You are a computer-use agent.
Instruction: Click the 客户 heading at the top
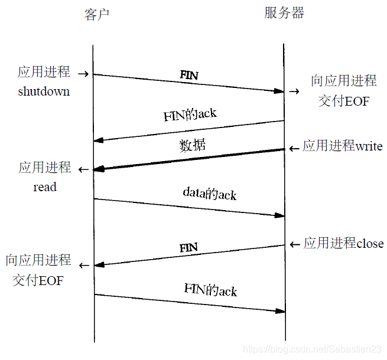click(97, 15)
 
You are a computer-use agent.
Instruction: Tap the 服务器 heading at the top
click(284, 14)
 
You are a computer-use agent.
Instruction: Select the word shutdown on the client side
click(44, 91)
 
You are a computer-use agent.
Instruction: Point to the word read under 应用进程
click(45, 187)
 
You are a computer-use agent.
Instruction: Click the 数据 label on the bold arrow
click(193, 145)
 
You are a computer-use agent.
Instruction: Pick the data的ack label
click(209, 194)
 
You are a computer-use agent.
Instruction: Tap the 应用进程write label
click(343, 146)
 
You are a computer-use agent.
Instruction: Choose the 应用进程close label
click(343, 243)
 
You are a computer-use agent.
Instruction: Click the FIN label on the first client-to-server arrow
click(189, 76)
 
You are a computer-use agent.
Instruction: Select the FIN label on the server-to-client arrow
click(188, 247)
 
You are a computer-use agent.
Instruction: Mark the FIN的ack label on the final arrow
click(210, 290)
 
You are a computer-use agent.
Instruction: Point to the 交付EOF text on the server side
click(344, 101)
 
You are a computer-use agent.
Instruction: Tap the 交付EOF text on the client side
click(38, 280)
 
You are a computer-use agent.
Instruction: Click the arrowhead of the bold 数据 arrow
click(99, 169)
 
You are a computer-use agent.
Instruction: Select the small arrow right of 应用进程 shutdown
click(83, 74)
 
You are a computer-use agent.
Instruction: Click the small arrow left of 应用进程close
click(295, 244)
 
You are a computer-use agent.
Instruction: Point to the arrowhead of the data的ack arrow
click(280, 215)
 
